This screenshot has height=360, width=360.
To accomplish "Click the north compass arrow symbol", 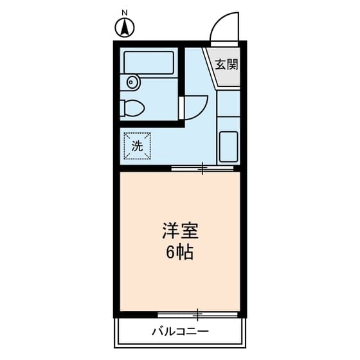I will click(x=124, y=28).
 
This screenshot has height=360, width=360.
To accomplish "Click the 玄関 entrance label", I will click(x=226, y=64).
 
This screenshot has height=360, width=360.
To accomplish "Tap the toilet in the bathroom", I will click(x=134, y=107).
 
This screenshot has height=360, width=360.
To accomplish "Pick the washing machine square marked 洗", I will click(x=137, y=145).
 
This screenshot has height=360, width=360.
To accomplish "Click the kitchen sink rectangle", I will click(x=228, y=147).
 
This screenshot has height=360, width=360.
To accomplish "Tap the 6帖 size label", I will click(x=180, y=253).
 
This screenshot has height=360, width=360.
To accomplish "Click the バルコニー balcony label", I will click(x=180, y=332).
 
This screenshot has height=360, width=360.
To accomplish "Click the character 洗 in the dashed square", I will click(x=137, y=146).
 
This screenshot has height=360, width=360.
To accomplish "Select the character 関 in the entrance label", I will click(x=233, y=64).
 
